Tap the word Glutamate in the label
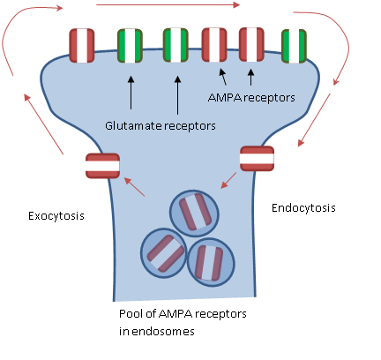[x=133, y=125]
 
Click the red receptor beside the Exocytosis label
[x=103, y=165]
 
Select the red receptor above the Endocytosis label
[x=257, y=158]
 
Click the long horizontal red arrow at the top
[x=168, y=5]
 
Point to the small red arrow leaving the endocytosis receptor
[x=228, y=183]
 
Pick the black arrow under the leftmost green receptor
[x=131, y=93]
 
